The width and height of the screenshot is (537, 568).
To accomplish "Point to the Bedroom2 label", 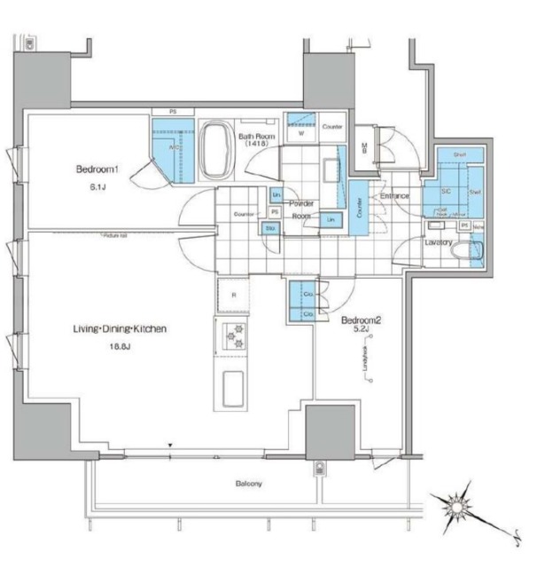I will click(x=361, y=320).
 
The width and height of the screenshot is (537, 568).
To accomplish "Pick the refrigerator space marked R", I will click(x=234, y=296).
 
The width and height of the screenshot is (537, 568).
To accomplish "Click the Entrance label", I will click(x=394, y=195).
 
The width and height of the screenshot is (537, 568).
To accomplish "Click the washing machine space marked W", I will click(x=301, y=133).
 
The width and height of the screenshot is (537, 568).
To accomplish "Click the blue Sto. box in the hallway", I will click(x=269, y=228).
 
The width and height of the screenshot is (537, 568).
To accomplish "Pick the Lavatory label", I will click(x=439, y=241).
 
